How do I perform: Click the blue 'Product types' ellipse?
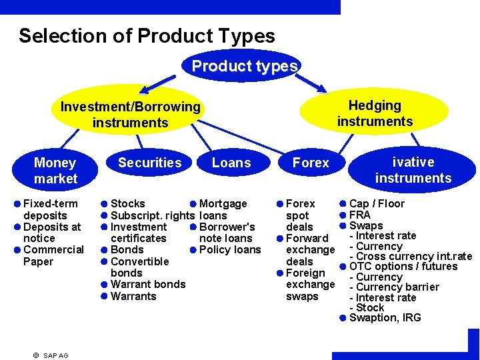coord(244,66)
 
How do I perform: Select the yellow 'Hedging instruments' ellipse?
coord(375,113)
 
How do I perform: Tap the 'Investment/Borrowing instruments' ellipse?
coord(130,114)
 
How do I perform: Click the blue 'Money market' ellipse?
coord(55,170)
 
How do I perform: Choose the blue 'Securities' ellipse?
coord(149,163)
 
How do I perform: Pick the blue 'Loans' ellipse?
coord(231,163)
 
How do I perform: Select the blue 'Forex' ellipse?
coord(311,163)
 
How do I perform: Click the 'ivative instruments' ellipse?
coord(413,169)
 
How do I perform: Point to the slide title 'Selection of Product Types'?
coord(147,36)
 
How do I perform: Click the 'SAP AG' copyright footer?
coord(51,355)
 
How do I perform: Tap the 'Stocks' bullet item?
coord(127,203)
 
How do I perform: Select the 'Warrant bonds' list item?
coord(148,284)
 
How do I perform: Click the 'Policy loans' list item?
coord(230,249)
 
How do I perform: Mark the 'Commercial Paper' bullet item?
coord(53,255)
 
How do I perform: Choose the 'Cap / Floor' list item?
coord(377,203)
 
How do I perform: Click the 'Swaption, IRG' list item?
coord(385,317)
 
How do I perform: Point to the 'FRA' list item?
coord(360,215)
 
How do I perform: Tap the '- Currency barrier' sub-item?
coord(395,287)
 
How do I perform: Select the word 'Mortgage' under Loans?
coord(223,203)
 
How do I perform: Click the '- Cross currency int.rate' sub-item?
coord(411,256)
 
